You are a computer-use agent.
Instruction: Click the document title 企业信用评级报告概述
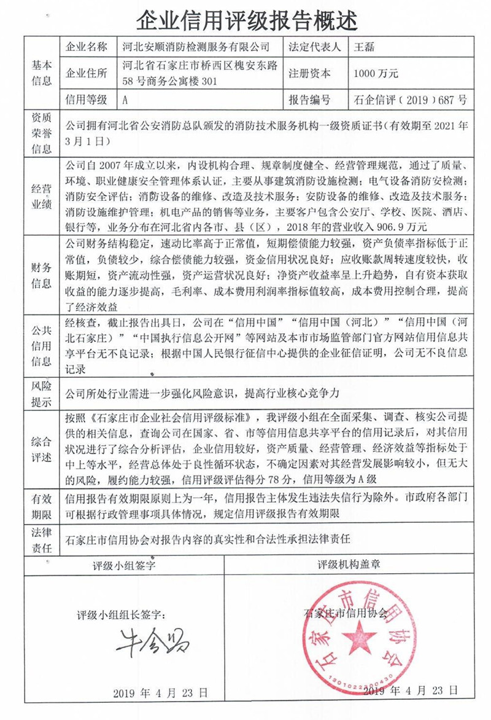coord(245,19)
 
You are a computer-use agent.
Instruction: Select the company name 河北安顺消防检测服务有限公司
coord(196,47)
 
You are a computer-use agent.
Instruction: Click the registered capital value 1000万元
coord(376,73)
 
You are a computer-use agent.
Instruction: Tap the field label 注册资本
coord(309,73)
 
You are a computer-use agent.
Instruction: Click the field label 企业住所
coord(86,73)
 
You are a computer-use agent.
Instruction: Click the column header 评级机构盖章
coord(357,564)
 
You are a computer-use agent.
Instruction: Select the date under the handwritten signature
coord(161,692)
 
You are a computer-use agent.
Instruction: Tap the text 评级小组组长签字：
coord(122,614)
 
